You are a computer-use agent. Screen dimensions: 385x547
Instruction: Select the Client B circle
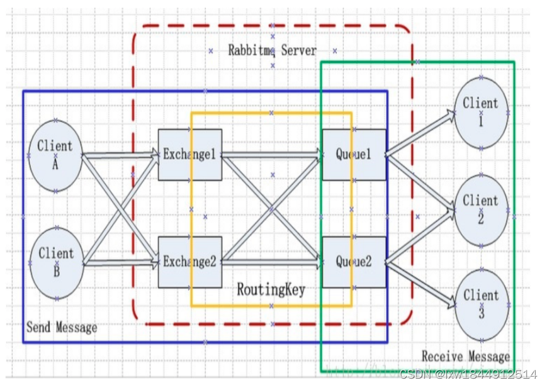pos(56,263)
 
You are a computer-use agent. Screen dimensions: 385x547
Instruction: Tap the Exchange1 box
pos(189,154)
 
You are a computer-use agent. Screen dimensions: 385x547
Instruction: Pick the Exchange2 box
pos(189,262)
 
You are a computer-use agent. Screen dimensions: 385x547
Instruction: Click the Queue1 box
pos(354,154)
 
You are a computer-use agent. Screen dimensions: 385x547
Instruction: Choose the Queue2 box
pos(354,262)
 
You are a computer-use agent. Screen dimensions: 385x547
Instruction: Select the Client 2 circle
pos(481,210)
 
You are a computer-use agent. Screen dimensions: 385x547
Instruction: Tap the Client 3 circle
pos(481,304)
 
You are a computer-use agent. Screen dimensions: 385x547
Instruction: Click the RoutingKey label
pos(271,290)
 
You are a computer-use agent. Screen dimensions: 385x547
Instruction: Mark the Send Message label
pos(62,328)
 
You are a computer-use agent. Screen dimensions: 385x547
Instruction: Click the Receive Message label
pos(465,357)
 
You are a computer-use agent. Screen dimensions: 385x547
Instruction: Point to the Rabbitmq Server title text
pos(273,50)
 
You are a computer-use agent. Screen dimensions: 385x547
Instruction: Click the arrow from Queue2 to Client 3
pos(420,283)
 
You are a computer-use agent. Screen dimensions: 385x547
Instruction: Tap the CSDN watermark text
pos(468,374)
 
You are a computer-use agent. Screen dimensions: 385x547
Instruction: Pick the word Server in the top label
pos(299,50)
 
